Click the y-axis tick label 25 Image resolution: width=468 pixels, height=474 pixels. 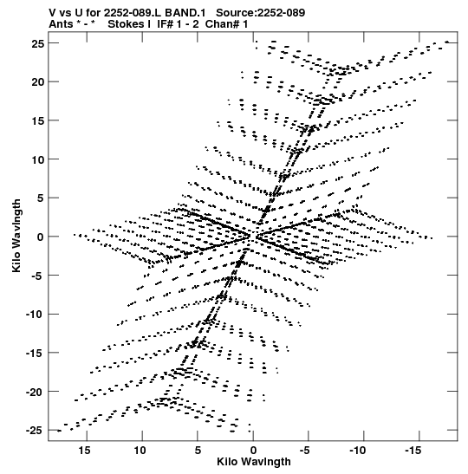38,44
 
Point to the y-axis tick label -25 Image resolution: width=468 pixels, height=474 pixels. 35,430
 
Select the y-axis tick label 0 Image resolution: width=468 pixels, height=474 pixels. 41,237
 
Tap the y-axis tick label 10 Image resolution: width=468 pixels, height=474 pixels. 38,159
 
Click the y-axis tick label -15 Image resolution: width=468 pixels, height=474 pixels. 35,353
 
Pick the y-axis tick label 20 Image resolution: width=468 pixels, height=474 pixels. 38,82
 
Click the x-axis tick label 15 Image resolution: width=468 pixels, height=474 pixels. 84,451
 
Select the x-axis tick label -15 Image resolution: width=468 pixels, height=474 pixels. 413,451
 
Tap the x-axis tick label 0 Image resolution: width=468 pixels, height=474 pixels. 253,451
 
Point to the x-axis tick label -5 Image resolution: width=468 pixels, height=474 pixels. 305,451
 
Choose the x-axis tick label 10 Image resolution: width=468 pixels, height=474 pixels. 140,451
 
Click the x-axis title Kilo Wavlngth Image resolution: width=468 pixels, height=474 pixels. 254,462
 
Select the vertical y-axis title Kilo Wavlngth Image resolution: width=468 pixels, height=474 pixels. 16,236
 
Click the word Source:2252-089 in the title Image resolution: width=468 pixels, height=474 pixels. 261,13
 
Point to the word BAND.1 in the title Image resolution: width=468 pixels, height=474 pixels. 185,13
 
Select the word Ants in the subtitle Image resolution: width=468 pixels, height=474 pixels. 61,24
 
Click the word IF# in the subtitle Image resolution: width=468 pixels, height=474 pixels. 166,24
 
